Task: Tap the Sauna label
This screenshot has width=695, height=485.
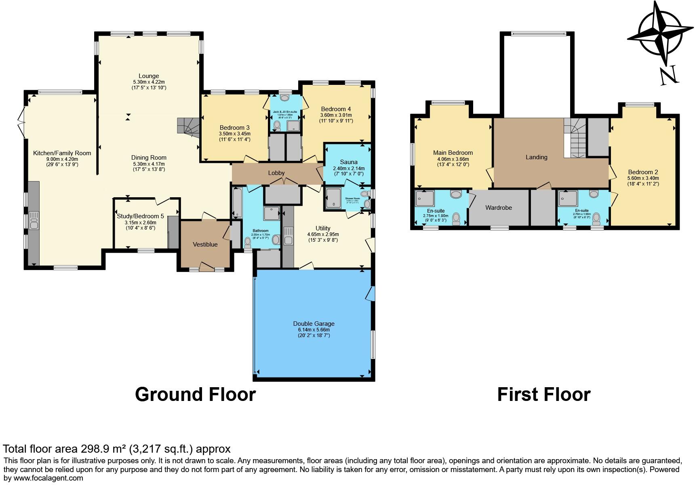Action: (x=348, y=162)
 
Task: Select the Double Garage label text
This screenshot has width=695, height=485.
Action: (x=314, y=323)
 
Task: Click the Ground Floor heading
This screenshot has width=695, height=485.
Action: (x=195, y=394)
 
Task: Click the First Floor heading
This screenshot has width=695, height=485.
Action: (x=543, y=394)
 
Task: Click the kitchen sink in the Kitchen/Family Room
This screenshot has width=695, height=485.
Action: (x=33, y=222)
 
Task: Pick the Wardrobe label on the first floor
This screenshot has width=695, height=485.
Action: (x=498, y=207)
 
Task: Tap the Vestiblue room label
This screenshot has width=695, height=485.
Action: (x=205, y=244)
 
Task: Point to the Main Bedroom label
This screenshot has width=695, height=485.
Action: (x=453, y=153)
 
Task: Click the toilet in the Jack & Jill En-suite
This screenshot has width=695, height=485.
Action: (x=277, y=126)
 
